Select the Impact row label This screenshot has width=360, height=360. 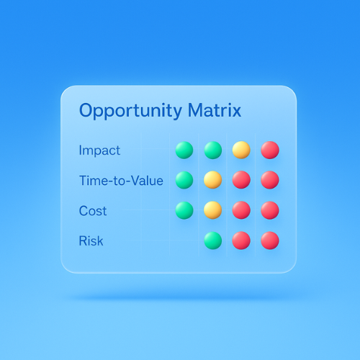pyautogui.click(x=99, y=150)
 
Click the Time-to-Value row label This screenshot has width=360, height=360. pyautogui.click(x=121, y=181)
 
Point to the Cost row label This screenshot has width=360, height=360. pyautogui.click(x=93, y=211)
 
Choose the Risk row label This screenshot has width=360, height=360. pyautogui.click(x=91, y=240)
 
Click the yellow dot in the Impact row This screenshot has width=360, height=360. pyautogui.click(x=241, y=150)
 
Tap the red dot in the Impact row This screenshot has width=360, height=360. pyautogui.click(x=269, y=150)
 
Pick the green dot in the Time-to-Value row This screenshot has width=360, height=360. pyautogui.click(x=184, y=180)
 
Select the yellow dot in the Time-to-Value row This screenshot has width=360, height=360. pyautogui.click(x=212, y=180)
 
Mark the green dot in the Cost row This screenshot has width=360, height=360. pyautogui.click(x=184, y=210)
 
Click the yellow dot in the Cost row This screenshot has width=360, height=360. pyautogui.click(x=212, y=210)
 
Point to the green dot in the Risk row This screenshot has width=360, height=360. pyautogui.click(x=212, y=240)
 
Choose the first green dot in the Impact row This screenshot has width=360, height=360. pyautogui.click(x=184, y=150)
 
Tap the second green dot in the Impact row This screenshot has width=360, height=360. pyautogui.click(x=212, y=150)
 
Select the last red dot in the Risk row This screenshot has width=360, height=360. pyautogui.click(x=269, y=240)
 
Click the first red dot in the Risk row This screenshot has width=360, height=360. pyautogui.click(x=241, y=240)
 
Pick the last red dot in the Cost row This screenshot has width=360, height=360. pyautogui.click(x=269, y=210)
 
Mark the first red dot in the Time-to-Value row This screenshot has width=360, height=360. pyautogui.click(x=241, y=180)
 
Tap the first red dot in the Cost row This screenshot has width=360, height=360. pyautogui.click(x=241, y=210)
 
